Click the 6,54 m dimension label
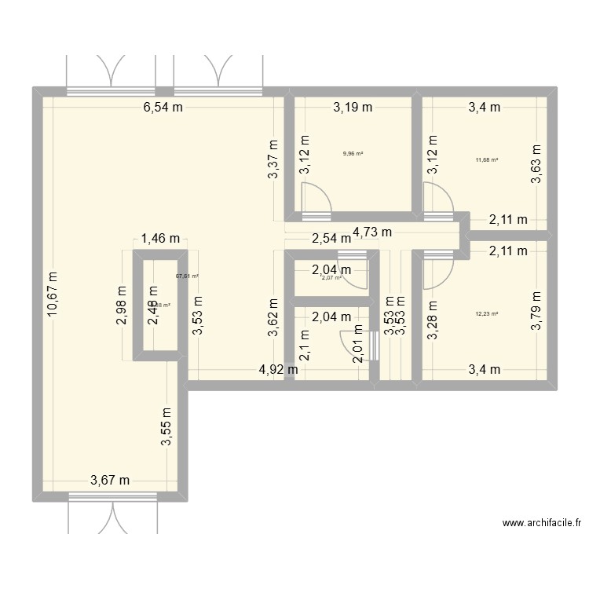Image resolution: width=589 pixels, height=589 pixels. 163,108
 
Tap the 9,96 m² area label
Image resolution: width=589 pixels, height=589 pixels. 353,153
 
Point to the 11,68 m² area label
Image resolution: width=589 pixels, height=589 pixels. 487,159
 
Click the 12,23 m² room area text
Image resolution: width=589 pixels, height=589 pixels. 487,313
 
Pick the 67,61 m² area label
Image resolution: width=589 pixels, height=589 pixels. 187,276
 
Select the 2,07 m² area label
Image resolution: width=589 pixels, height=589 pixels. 331,277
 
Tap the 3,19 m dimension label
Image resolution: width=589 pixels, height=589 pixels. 353,108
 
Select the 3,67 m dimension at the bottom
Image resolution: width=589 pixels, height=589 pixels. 111,481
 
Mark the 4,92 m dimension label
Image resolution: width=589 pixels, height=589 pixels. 278,369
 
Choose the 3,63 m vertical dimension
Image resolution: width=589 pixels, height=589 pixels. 536,164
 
